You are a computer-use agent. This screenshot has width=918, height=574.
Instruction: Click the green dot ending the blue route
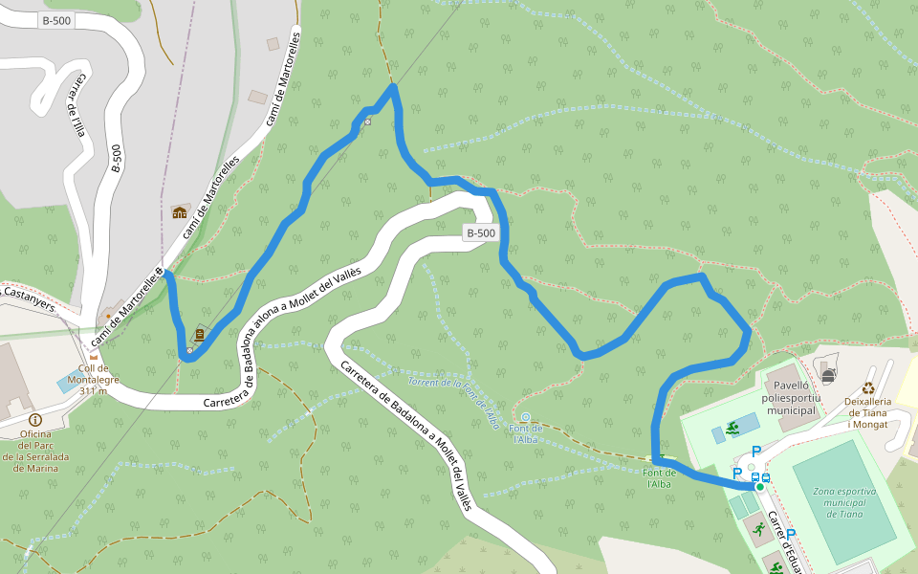point(759,487)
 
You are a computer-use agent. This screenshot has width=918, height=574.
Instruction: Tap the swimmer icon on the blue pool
point(732,428)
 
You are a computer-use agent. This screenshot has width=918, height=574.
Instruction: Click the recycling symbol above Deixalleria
point(868,388)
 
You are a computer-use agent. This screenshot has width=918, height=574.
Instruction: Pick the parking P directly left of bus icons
point(737,474)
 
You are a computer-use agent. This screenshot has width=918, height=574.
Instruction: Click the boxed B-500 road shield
point(481,232)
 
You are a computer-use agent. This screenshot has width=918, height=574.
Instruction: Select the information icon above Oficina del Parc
point(35,419)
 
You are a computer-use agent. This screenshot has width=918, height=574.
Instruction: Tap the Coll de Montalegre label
point(94,378)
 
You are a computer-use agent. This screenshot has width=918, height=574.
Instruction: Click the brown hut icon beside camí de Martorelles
point(180,211)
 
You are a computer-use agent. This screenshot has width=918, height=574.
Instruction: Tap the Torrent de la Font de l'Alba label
point(452,402)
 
